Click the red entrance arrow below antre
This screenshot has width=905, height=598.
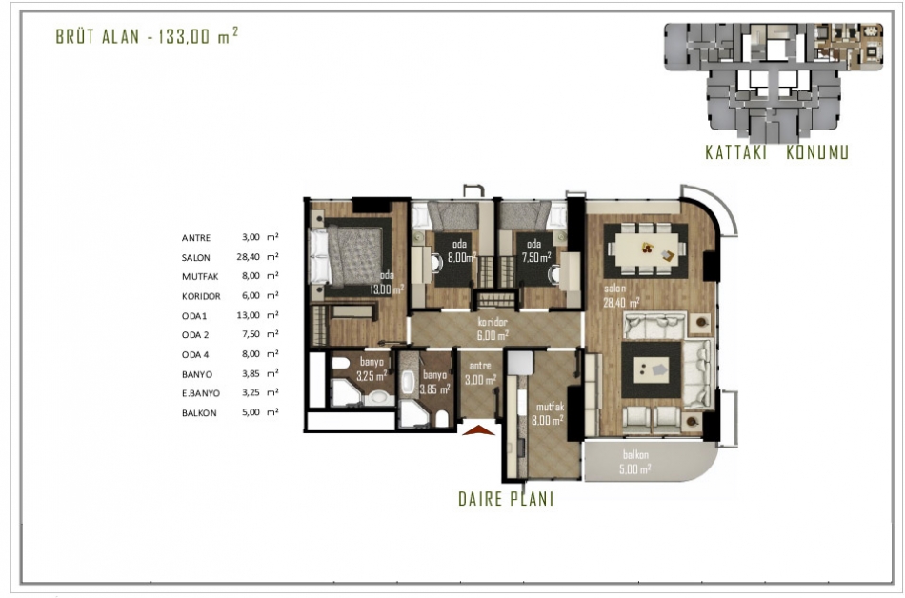(479, 430)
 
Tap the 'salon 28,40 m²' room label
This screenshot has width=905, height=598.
(621, 295)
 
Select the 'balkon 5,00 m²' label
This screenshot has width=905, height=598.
(634, 462)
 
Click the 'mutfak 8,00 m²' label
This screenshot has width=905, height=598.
(549, 413)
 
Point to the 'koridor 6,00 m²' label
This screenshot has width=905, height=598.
(493, 329)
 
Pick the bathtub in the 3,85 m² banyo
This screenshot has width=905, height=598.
(408, 383)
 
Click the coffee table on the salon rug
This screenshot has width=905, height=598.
(651, 369)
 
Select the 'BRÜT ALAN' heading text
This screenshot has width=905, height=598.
(97, 36)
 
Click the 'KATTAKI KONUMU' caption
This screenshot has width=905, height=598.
(776, 152)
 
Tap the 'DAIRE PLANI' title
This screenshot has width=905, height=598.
(506, 499)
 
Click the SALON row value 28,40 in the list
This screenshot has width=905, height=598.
(249, 257)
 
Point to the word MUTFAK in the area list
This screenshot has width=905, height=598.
(200, 277)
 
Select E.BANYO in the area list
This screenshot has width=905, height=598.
(201, 393)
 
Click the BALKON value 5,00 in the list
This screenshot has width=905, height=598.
(251, 412)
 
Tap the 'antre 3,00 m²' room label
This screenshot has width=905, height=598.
(480, 373)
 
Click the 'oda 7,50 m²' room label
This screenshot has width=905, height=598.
(535, 250)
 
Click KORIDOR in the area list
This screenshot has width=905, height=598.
(201, 296)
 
